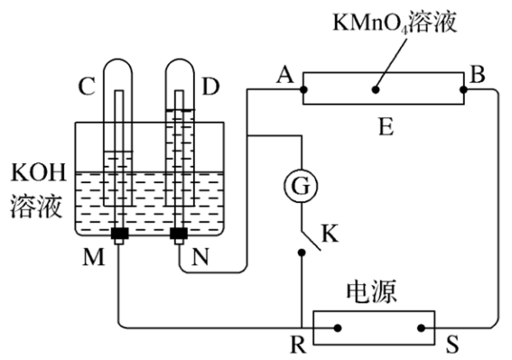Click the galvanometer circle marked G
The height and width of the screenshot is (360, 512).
pyautogui.click(x=301, y=187)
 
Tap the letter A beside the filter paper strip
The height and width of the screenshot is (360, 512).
pyautogui.click(x=285, y=76)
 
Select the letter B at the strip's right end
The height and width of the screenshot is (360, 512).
pyautogui.click(x=477, y=75)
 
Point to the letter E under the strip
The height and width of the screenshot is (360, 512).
pyautogui.click(x=386, y=127)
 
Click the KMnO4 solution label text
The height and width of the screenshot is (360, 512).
pyautogui.click(x=395, y=23)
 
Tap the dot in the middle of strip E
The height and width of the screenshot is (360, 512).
pyautogui.click(x=376, y=89)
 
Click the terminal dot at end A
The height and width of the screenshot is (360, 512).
pyautogui.click(x=303, y=89)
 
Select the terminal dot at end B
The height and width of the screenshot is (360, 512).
pyautogui.click(x=463, y=89)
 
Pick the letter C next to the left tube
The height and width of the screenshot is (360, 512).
pyautogui.click(x=87, y=87)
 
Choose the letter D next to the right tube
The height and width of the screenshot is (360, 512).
pyautogui.click(x=210, y=87)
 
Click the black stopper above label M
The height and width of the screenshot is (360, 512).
pyautogui.click(x=119, y=234)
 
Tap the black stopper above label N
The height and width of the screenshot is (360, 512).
pyautogui.click(x=179, y=234)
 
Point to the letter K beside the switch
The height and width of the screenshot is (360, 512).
pyautogui.click(x=330, y=234)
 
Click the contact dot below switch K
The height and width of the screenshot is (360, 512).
pyautogui.click(x=302, y=253)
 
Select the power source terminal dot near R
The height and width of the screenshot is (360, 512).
pyautogui.click(x=338, y=328)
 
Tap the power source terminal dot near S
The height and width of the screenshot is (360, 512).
pyautogui.click(x=421, y=328)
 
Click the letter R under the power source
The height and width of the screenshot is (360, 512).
pyautogui.click(x=299, y=345)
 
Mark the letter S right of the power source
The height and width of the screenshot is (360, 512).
pyautogui.click(x=452, y=344)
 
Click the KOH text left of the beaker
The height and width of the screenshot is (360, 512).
pyautogui.click(x=39, y=172)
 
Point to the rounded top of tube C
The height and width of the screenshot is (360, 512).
pyautogui.click(x=118, y=60)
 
